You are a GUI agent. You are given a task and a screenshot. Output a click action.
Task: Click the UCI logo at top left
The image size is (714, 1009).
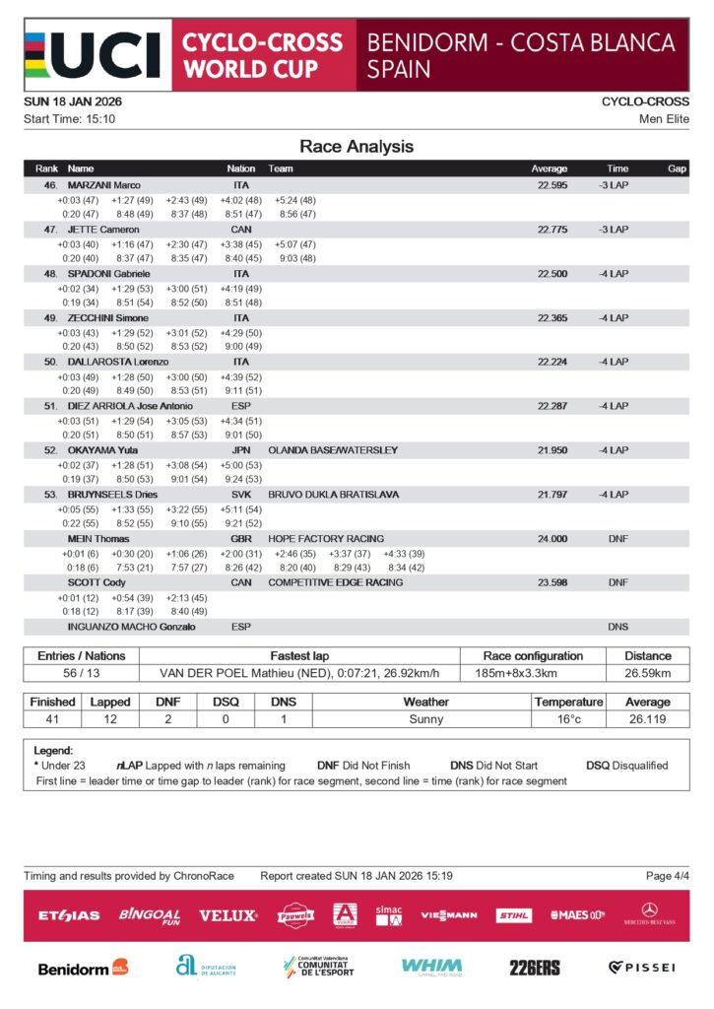93,54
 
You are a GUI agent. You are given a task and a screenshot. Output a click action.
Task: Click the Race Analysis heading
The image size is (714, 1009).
357,147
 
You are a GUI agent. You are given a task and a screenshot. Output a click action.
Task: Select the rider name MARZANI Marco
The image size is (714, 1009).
103,185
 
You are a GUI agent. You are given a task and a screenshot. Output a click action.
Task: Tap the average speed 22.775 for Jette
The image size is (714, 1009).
552,230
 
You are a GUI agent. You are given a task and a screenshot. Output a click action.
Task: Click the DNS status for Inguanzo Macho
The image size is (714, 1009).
617,627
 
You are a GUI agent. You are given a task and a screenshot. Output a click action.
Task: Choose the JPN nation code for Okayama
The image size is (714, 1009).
240,450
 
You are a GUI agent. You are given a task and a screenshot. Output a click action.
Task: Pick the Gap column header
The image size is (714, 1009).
677,168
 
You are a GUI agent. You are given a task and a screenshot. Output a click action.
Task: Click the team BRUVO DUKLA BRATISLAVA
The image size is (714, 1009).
333,495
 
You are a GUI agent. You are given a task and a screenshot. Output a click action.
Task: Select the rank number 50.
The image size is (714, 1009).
50,362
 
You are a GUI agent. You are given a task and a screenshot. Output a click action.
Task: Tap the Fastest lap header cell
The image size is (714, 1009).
314,655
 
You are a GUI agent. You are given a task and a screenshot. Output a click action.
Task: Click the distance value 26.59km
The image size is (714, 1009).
648,673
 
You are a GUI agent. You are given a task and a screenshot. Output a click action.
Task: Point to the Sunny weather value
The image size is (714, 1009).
425,719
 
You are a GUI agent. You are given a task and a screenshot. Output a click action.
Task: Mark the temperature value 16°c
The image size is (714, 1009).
567,719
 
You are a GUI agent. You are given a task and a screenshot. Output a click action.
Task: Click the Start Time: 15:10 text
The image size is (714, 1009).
69,119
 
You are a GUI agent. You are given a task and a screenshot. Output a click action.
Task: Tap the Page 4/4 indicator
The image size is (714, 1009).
667,876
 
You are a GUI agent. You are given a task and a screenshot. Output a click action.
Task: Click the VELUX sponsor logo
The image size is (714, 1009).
227,915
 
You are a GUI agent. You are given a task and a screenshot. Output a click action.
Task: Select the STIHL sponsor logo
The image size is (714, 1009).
513,915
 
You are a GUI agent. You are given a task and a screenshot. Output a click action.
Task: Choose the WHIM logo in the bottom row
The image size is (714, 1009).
431,967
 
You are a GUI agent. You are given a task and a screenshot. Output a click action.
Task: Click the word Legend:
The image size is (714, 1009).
54,751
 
